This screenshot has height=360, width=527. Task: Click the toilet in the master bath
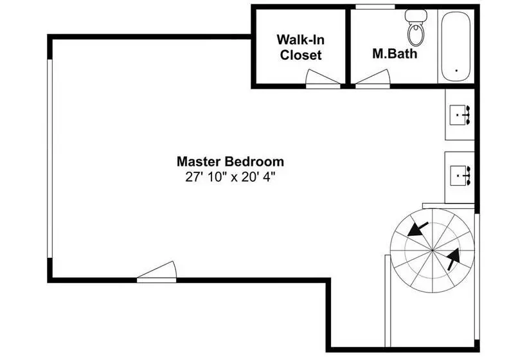pyautogui.click(x=416, y=28)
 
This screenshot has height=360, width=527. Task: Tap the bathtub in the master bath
pyautogui.click(x=456, y=46)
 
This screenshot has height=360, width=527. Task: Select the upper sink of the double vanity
pyautogui.click(x=459, y=115)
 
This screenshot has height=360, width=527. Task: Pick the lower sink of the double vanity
pyautogui.click(x=459, y=175)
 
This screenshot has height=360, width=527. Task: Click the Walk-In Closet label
pyautogui.click(x=301, y=48)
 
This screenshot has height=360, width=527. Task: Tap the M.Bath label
pyautogui.click(x=395, y=54)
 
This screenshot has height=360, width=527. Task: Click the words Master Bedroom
pyautogui.click(x=230, y=162)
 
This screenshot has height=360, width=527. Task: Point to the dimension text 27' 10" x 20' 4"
pyautogui.click(x=230, y=177)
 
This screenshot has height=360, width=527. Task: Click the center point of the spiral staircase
pyautogui.click(x=432, y=250)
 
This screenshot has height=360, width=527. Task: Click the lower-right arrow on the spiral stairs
pyautogui.click(x=453, y=259)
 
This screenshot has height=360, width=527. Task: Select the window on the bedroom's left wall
pyautogui.click(x=49, y=159)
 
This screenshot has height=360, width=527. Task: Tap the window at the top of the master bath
pyautogui.click(x=375, y=6)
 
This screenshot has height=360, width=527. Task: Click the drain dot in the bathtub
pyautogui.click(x=456, y=71)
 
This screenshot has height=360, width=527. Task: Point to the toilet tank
pyautogui.click(x=416, y=15)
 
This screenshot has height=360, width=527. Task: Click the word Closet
pyautogui.click(x=301, y=55)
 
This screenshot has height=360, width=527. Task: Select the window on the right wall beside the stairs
pyautogui.click(x=477, y=276)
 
